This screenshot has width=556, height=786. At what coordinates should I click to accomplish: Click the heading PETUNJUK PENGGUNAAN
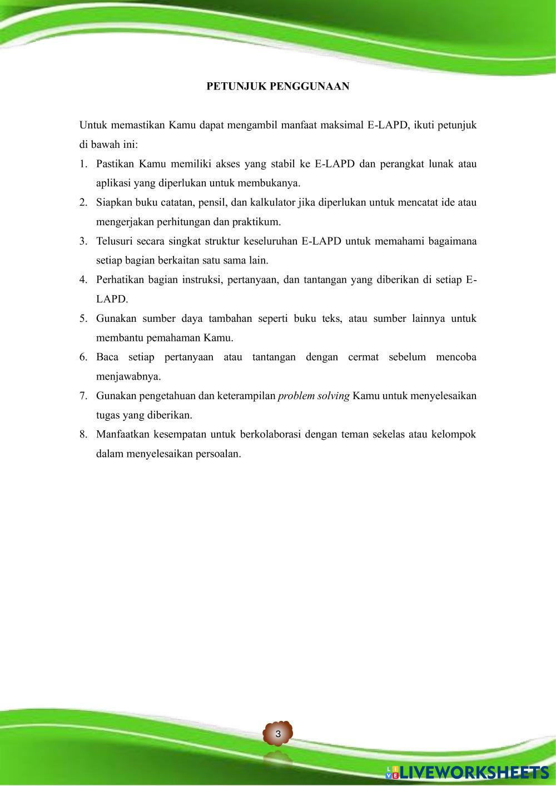(x=278, y=86)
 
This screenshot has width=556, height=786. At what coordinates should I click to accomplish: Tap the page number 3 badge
(x=278, y=734)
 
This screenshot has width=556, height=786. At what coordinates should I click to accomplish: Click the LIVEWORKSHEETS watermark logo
(x=467, y=772)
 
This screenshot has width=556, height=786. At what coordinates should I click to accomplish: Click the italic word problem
(x=297, y=396)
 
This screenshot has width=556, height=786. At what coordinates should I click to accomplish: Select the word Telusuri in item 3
(x=113, y=241)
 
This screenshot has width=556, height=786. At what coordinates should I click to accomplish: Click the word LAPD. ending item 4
(x=112, y=299)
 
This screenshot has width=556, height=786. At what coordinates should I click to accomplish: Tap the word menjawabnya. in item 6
(x=128, y=376)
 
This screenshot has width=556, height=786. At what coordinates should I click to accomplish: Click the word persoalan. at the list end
(x=218, y=454)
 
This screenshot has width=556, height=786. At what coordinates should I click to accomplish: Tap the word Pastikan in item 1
(x=115, y=164)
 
